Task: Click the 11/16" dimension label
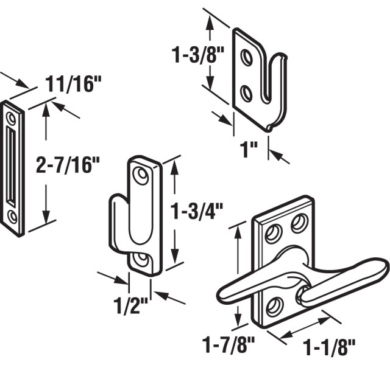click(72, 84)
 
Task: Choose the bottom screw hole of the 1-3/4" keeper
click(144, 260)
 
